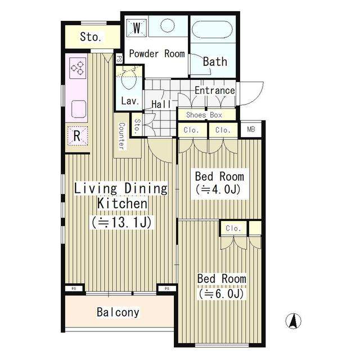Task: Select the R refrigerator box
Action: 76,135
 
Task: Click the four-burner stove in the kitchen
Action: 76,69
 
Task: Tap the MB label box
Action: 250,129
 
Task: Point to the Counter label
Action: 120,136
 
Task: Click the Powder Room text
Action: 157,53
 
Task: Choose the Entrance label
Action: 214,90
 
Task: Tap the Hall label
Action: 161,104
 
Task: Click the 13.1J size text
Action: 121,222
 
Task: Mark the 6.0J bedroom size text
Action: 221,293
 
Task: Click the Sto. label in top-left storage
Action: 91,37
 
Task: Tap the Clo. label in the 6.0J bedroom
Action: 233,228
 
